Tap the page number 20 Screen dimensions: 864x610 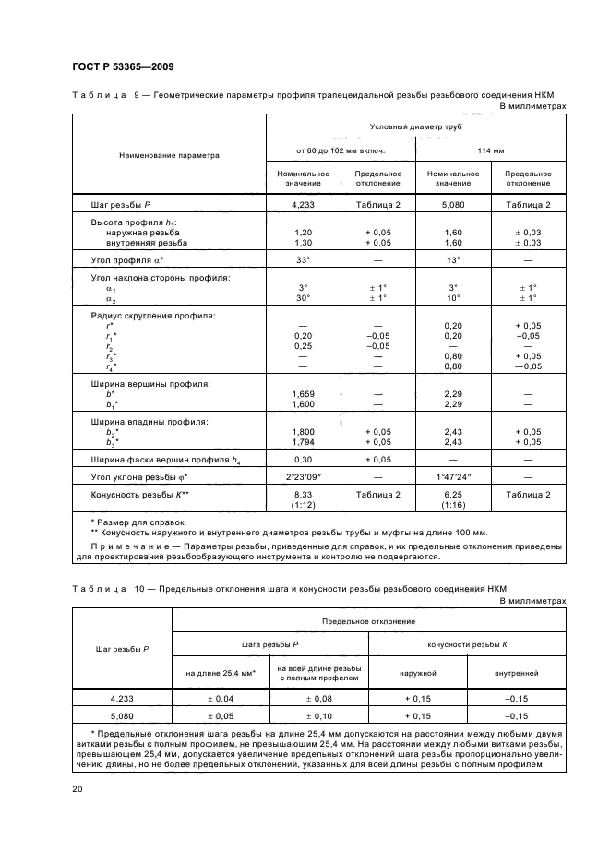click(x=78, y=788)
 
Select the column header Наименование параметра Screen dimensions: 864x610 click(x=169, y=155)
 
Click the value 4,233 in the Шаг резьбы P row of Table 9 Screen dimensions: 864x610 click(x=303, y=205)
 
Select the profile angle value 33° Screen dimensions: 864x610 click(x=303, y=261)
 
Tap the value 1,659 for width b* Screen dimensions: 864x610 click(x=303, y=393)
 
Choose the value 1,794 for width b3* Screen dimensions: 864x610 click(x=303, y=441)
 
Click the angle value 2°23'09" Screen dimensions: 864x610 click(x=303, y=476)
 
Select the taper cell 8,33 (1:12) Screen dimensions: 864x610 click(x=303, y=499)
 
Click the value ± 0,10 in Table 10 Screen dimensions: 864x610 click(x=318, y=714)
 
